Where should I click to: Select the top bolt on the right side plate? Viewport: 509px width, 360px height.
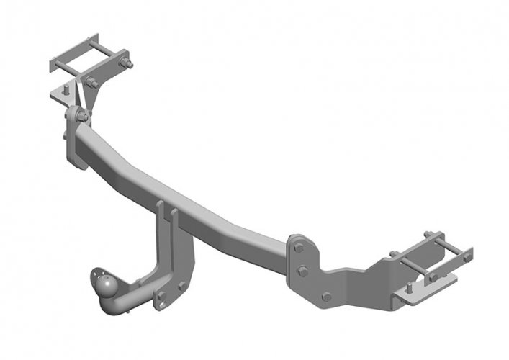pyautogui.click(x=298, y=248)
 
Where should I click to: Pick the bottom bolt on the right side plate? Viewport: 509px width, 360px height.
pyautogui.click(x=325, y=296)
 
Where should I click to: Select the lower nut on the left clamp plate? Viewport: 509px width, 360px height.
pyautogui.click(x=92, y=82)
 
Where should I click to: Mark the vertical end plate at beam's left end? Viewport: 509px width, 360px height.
pyautogui.click(x=74, y=140)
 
